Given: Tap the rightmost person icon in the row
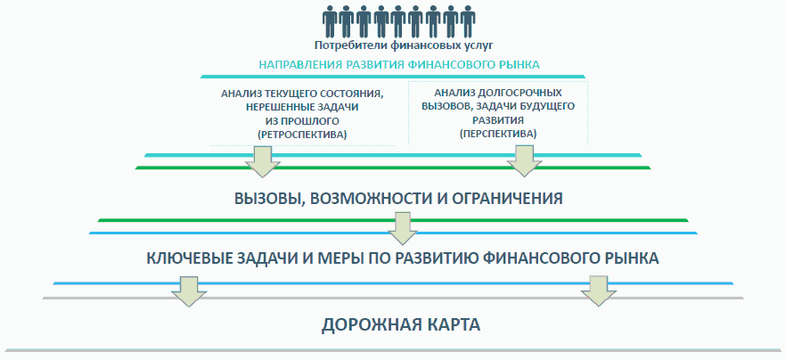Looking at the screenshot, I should click(468, 21).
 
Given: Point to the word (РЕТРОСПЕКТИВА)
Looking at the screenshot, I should click(301, 134).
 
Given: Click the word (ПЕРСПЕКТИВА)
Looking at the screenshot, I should click(498, 132).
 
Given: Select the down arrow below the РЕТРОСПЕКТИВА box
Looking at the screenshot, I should click(262, 161).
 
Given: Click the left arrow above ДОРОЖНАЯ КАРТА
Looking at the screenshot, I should click(186, 290).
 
